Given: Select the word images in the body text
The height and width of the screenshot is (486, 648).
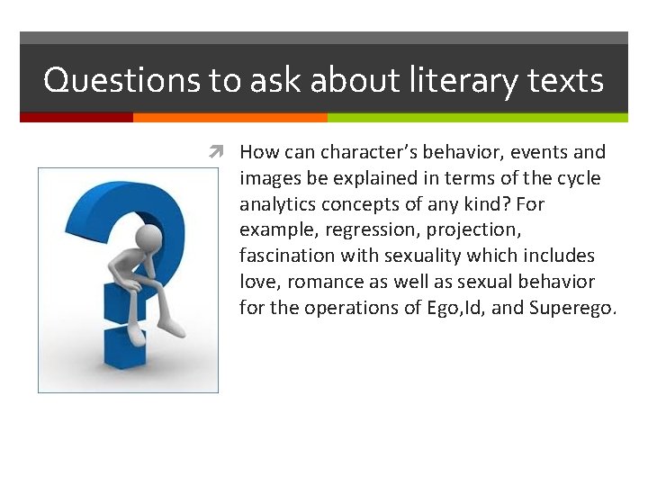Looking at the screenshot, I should click(267, 178).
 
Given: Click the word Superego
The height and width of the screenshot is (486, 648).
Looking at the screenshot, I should click(573, 308).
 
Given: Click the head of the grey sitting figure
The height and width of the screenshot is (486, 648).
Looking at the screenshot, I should click(148, 238).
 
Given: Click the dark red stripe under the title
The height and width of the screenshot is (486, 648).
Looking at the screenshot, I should click(76, 117).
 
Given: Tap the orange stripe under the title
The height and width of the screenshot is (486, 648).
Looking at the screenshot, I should click(229, 117).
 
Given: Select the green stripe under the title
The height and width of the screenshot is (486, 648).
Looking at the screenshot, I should click(477, 117).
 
